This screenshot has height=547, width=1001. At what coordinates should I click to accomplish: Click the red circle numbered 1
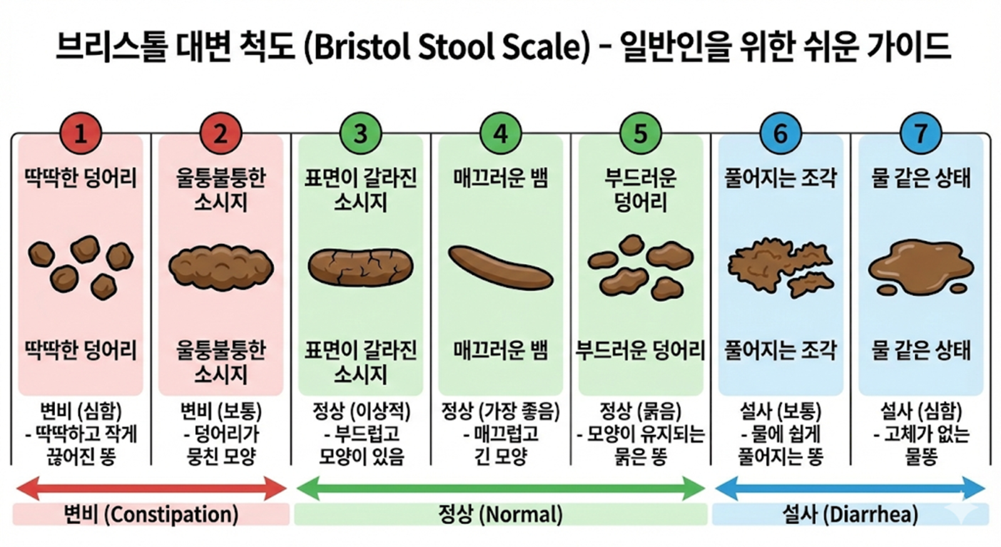click(81, 133)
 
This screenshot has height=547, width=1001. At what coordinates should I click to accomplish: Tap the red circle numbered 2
click(220, 133)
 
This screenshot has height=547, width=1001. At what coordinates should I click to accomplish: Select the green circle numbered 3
click(360, 133)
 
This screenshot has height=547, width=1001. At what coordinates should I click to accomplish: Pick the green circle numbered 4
click(500, 133)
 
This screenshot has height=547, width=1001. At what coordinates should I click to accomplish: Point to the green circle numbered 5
click(641, 133)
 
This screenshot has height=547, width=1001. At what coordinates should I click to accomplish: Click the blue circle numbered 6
click(781, 133)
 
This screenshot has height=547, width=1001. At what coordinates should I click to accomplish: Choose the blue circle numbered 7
click(920, 133)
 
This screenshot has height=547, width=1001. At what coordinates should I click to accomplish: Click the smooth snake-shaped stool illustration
click(500, 267)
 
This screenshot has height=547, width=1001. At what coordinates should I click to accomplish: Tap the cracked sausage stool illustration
click(361, 267)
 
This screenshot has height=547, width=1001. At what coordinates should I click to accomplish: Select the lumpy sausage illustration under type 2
click(221, 267)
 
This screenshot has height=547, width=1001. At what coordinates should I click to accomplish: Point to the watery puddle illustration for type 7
click(920, 268)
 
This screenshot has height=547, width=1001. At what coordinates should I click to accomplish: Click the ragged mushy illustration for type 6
click(781, 267)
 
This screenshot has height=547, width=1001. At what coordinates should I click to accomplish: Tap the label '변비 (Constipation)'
click(151, 514)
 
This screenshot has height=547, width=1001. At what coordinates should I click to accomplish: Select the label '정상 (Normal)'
click(500, 514)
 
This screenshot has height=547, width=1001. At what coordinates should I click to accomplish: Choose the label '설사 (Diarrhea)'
click(850, 514)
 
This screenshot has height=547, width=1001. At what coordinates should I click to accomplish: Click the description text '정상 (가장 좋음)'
click(500, 411)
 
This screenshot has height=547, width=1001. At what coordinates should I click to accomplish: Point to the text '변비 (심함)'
click(81, 411)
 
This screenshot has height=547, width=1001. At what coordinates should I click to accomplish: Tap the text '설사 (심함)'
click(920, 411)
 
